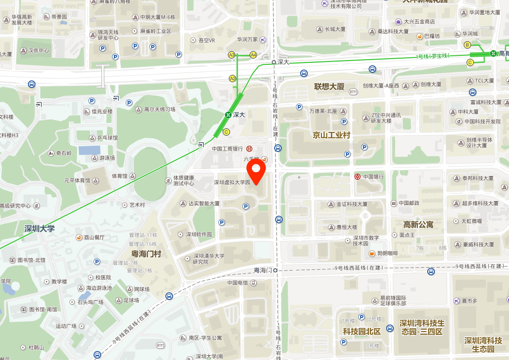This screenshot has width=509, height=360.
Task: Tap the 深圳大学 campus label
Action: [40, 229]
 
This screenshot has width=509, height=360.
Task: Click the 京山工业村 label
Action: [331, 135]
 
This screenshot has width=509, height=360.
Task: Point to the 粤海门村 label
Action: [146, 254]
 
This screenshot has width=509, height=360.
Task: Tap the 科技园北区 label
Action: [362, 331]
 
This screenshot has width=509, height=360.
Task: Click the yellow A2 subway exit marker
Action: [233, 79]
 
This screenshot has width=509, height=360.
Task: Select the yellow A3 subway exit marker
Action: [232, 55]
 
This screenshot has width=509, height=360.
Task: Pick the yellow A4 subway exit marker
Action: [253, 55]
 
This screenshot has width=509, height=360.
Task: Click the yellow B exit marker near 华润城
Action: [467, 45]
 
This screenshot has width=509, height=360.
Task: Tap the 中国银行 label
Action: [373, 177]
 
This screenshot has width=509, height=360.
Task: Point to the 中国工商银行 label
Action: [227, 149]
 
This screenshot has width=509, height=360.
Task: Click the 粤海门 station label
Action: [263, 270]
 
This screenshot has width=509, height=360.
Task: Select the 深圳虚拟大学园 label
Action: [232, 182]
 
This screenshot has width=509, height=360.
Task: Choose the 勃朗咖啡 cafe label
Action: [387, 254]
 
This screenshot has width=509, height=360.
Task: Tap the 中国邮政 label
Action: [408, 203]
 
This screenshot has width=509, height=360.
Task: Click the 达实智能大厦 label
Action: [204, 204]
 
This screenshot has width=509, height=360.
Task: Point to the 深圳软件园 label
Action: [199, 234]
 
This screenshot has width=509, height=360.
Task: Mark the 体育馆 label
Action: [120, 176]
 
